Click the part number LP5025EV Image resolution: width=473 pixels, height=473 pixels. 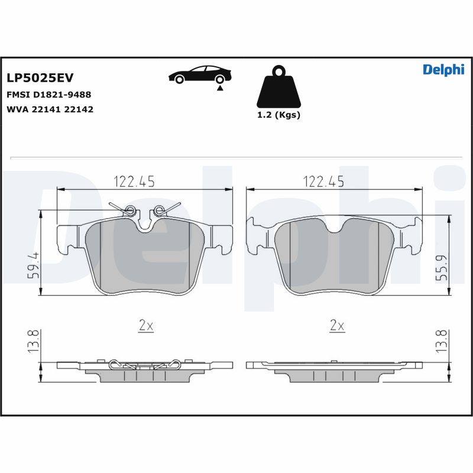click(40, 78)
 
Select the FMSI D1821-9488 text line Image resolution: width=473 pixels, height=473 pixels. click(48, 95)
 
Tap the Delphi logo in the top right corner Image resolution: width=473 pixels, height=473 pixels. click(443, 70)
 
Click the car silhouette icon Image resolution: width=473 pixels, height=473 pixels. click(200, 74)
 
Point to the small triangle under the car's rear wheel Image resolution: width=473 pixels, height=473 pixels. click(220, 88)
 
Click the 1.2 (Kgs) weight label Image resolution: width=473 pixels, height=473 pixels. click(278, 115)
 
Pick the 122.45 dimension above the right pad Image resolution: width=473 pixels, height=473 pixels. click(323, 182)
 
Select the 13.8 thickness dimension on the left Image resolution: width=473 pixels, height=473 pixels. click(34, 342)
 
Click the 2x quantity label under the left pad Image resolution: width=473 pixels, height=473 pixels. click(145, 325)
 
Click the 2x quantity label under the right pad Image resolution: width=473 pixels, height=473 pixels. click(336, 325)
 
